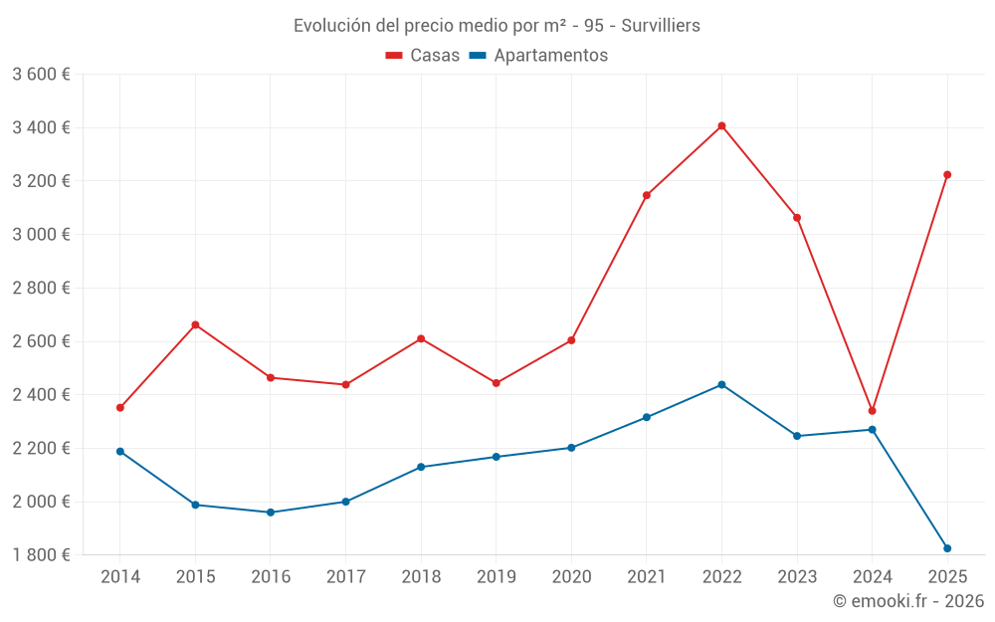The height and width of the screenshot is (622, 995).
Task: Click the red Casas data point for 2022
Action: (x=721, y=126)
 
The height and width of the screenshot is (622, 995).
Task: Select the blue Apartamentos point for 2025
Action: (x=947, y=548)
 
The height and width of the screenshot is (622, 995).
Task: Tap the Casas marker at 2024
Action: (x=872, y=411)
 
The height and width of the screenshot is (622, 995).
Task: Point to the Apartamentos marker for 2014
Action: (x=120, y=452)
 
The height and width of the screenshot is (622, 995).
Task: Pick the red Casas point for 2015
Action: (x=195, y=325)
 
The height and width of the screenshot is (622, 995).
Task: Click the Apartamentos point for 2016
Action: (x=271, y=513)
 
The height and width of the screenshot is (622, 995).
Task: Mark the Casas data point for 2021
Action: (x=647, y=195)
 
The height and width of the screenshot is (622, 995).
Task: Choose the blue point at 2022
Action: (x=721, y=385)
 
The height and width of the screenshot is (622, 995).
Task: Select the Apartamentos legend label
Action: (x=550, y=56)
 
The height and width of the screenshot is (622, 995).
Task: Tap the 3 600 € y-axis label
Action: (x=41, y=75)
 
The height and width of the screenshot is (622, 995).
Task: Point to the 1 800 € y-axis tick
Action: (x=41, y=555)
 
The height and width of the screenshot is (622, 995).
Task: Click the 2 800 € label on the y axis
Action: (x=41, y=289)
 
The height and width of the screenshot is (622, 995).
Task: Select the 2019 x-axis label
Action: (x=497, y=577)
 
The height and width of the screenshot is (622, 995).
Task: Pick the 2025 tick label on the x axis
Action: (x=947, y=577)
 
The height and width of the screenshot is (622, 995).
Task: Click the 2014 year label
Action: (x=120, y=577)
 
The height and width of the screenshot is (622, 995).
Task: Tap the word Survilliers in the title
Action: (x=655, y=26)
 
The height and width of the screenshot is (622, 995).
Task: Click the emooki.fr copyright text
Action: (x=908, y=601)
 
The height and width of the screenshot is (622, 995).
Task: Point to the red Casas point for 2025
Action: (x=947, y=175)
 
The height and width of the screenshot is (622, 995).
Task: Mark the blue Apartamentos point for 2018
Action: (x=421, y=467)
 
